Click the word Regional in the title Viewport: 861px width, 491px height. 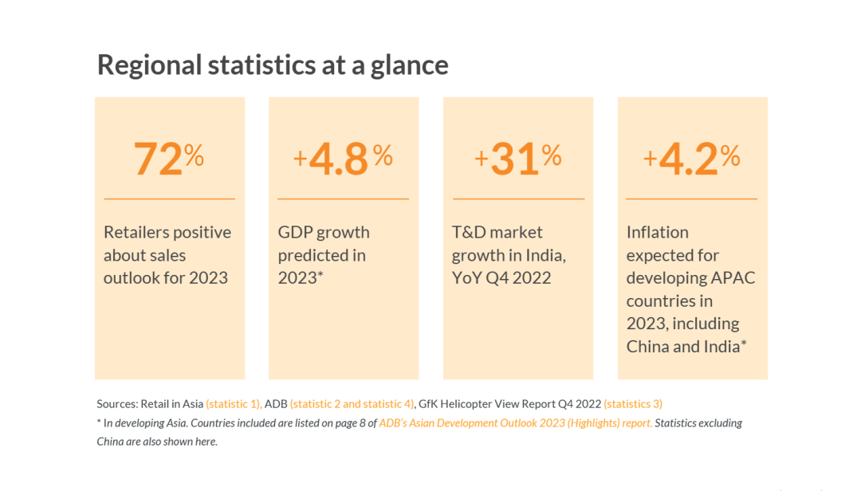(x=150, y=65)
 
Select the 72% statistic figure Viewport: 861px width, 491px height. (x=168, y=158)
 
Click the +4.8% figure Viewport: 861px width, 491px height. (x=343, y=158)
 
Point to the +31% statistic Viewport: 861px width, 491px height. (x=518, y=158)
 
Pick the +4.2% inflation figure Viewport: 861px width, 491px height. (x=692, y=158)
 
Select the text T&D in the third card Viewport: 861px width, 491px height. (x=470, y=232)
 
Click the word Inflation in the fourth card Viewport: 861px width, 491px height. (x=657, y=232)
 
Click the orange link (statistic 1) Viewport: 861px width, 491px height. (x=234, y=404)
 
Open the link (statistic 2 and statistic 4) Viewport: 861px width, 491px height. (x=352, y=404)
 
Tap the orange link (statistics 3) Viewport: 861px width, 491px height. (x=633, y=404)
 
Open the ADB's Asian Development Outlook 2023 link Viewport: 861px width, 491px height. (x=516, y=423)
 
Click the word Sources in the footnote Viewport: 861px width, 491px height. (x=117, y=404)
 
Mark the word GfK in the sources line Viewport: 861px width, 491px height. (x=428, y=404)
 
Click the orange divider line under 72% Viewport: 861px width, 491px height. (x=169, y=198)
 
